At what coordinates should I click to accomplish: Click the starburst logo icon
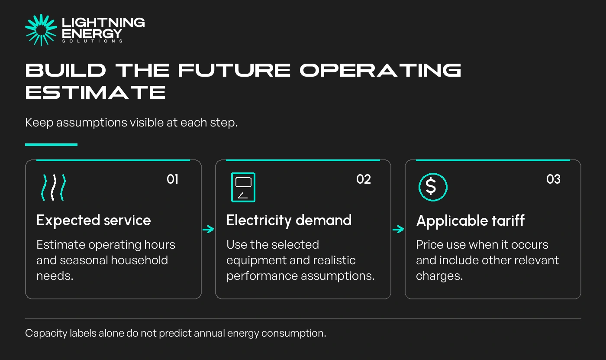click(41, 30)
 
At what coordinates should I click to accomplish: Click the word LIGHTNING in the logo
click(103, 23)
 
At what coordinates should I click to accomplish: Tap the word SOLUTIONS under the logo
click(93, 41)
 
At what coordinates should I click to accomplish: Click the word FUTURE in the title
click(234, 70)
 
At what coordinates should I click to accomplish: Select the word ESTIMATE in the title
click(95, 92)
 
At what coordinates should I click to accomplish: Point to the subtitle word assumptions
click(92, 123)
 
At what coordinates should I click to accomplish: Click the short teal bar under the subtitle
click(52, 145)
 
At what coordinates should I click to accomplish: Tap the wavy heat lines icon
click(54, 187)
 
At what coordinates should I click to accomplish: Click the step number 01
click(172, 179)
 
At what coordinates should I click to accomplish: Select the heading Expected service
click(93, 221)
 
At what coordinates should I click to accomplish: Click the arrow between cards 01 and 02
click(208, 229)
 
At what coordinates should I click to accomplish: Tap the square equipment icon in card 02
click(243, 187)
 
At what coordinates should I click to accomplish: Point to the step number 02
click(364, 179)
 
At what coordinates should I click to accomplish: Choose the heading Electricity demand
click(289, 221)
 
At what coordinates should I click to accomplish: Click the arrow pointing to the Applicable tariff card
click(398, 229)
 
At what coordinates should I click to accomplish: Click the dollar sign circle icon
click(433, 187)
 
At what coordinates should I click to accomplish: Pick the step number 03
click(553, 179)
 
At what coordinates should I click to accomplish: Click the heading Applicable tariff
click(471, 221)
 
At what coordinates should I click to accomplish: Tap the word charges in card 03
click(439, 276)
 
